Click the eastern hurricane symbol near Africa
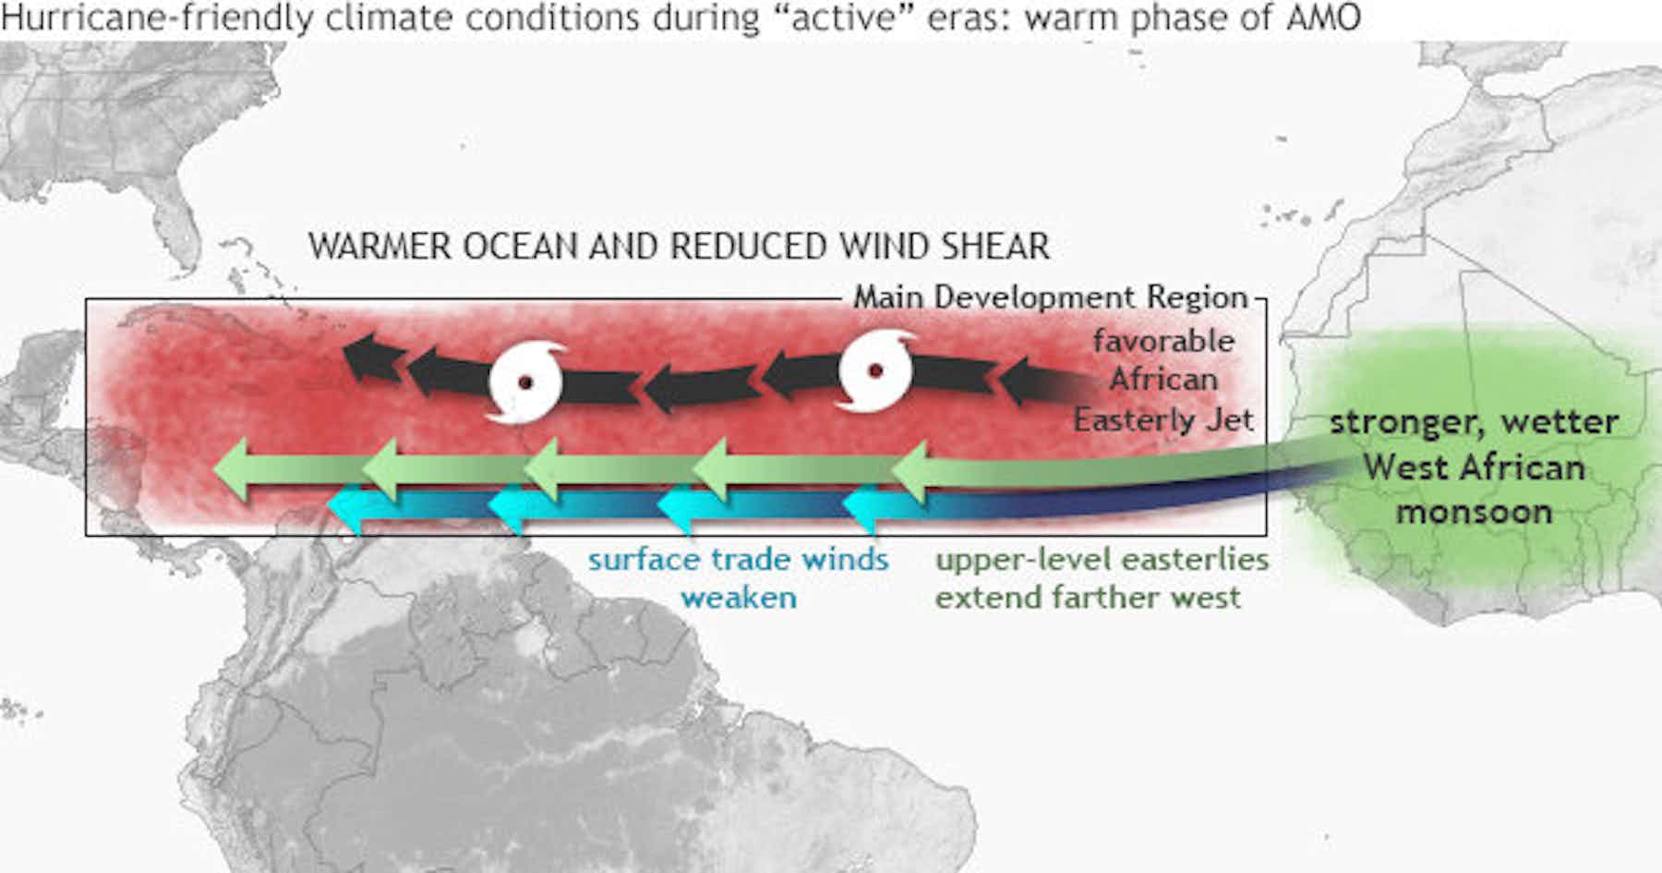pos(875,370)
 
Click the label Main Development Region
pos(1051,297)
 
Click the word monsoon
pos(1474,512)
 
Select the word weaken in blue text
pos(739,598)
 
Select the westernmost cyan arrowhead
pos(349,507)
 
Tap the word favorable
pos(1163,341)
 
